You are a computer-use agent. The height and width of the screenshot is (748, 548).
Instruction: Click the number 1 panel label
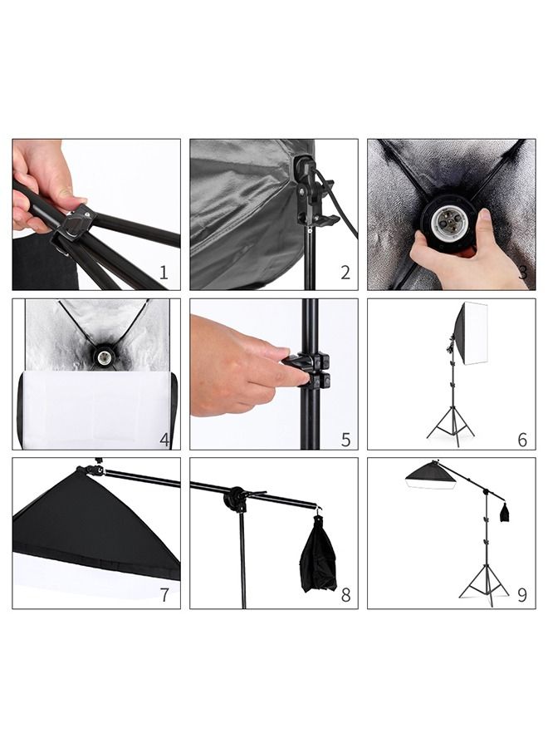164,272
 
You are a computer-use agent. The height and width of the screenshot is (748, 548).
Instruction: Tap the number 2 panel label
345,272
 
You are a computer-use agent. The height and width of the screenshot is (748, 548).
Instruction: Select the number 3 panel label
521,272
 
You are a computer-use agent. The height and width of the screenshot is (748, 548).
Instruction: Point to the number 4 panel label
165,440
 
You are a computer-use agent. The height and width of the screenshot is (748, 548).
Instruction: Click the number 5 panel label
345,440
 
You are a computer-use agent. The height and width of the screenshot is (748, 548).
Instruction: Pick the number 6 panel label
521,440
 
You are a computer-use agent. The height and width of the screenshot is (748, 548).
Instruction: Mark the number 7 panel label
164,595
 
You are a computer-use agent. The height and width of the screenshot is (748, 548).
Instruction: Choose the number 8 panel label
345,595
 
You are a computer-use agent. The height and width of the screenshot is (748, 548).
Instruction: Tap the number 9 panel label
521,595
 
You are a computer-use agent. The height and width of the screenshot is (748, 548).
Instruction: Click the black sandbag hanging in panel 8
318,554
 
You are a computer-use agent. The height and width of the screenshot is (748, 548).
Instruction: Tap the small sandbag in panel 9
504,514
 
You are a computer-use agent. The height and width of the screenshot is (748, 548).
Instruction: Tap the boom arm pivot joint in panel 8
235,500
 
